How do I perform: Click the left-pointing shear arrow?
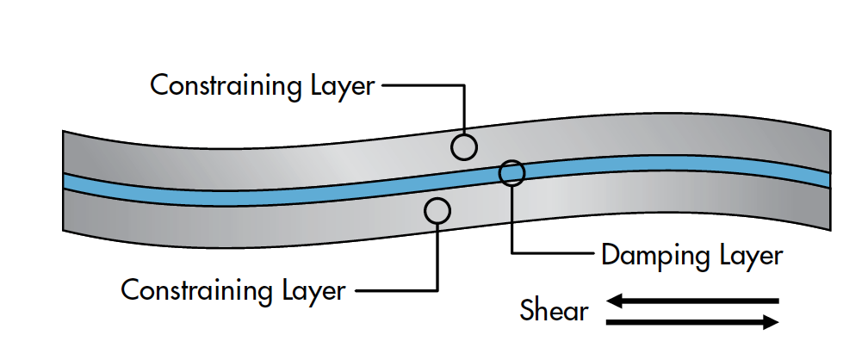point(694,301)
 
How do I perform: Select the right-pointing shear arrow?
point(694,322)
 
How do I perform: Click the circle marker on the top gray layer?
point(464,147)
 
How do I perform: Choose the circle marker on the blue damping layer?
point(512,173)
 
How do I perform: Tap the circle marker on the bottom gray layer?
point(437,209)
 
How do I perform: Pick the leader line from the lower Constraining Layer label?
point(396,289)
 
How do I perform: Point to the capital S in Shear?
point(528,310)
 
